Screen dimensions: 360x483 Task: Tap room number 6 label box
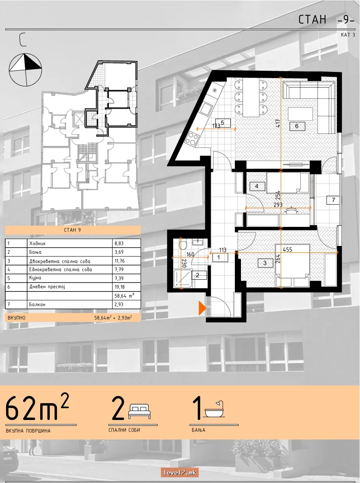coord(297,126)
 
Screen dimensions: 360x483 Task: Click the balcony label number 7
coord(333,200)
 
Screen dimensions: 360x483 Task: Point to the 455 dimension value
coord(287,250)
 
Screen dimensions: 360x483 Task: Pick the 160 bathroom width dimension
coord(190,255)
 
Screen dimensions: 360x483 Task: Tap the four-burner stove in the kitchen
coord(191,139)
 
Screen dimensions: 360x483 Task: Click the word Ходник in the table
coord(37,244)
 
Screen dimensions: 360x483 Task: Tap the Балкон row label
coord(37,305)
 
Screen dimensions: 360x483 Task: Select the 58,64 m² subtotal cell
coord(127,296)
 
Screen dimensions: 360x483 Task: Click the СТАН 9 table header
coord(73,230)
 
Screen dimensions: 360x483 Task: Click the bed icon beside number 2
coord(139,411)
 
